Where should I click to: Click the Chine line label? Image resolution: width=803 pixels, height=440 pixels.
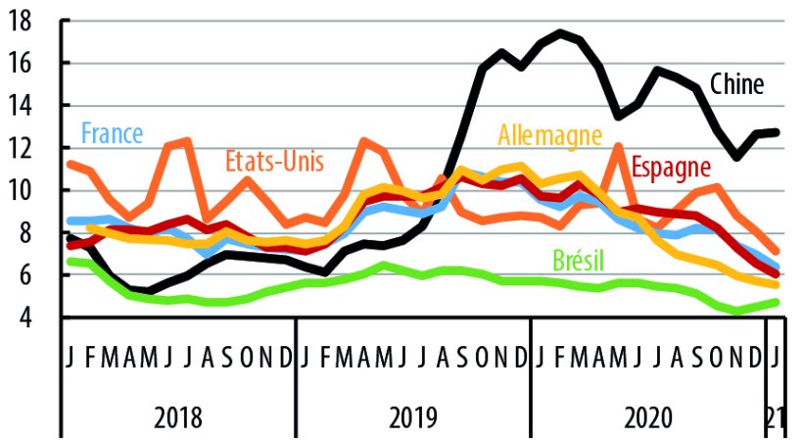(x=736, y=85)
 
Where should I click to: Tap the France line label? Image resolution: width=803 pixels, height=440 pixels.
(x=112, y=133)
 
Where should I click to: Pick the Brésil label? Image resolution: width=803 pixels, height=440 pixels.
(x=578, y=260)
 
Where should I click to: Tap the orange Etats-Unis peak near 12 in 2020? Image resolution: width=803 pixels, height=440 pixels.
(x=618, y=147)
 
